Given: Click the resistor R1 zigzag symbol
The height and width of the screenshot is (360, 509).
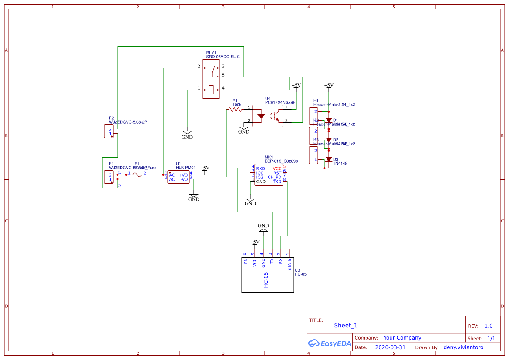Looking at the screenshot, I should click(x=236, y=110).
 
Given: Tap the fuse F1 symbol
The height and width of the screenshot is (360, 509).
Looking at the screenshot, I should click(x=137, y=175).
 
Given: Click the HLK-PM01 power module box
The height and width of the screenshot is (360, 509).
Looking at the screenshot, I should click(x=179, y=177).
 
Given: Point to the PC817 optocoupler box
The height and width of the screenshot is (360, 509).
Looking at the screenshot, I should click(x=268, y=116).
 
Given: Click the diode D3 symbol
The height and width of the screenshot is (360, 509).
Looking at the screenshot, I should click(x=329, y=159).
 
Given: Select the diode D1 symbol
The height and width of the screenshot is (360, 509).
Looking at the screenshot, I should click(x=329, y=120).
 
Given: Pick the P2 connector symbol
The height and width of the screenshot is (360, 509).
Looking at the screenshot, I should click(x=109, y=131).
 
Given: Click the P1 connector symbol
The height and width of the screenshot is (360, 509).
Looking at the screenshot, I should click(x=109, y=177).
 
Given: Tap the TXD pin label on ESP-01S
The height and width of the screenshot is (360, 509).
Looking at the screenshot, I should click(x=277, y=182).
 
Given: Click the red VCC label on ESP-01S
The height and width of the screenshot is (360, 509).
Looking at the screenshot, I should click(x=277, y=168).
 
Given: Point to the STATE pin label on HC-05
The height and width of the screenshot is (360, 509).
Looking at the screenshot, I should click(x=290, y=264).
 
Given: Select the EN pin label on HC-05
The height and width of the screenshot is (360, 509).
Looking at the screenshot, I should click(x=246, y=261).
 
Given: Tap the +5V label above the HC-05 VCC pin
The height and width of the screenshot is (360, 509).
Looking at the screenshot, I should click(x=255, y=242).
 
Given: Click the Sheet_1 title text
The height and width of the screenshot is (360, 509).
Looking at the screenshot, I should click(x=346, y=325).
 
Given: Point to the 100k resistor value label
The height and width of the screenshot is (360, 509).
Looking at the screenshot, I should click(x=237, y=104).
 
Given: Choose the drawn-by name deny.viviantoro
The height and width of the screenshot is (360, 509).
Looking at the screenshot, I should click(x=463, y=347).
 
